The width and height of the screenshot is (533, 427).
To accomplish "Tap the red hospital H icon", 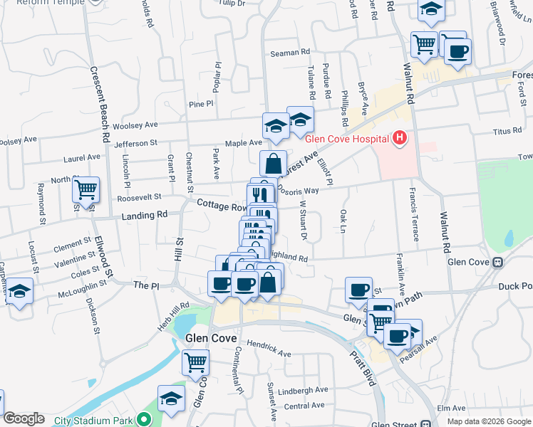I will click(x=399, y=137).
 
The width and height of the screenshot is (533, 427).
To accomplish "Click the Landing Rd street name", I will click(x=144, y=214).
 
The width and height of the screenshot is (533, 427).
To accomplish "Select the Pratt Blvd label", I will click(x=363, y=365).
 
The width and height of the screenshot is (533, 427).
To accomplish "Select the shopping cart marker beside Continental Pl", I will click(x=195, y=362).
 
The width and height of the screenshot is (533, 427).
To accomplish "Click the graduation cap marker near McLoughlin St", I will click(x=19, y=291).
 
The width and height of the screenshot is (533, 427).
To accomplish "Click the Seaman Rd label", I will click(x=291, y=53).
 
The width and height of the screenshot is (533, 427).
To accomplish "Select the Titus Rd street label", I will click(x=507, y=132).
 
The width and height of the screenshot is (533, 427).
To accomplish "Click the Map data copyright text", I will click(x=489, y=421).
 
